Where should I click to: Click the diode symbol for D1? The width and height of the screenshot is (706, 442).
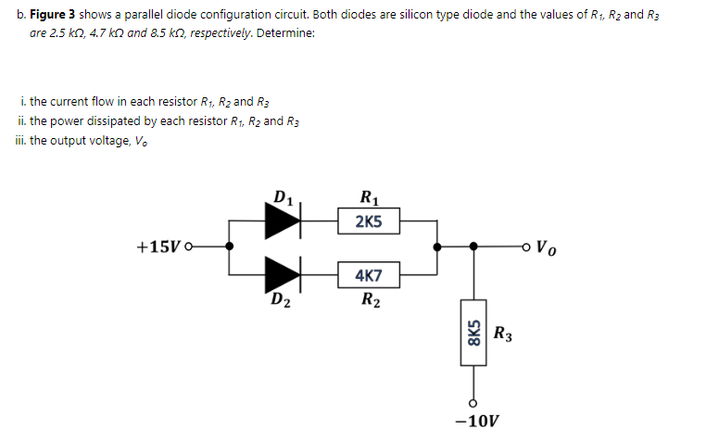[283, 221]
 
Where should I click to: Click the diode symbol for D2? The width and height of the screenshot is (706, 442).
[283, 275]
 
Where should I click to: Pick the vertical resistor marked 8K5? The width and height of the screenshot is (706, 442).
[474, 332]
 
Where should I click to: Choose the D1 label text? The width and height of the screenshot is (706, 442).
[284, 196]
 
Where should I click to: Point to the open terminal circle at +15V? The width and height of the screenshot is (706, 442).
[189, 248]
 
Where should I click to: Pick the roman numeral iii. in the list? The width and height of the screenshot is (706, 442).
[21, 140]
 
